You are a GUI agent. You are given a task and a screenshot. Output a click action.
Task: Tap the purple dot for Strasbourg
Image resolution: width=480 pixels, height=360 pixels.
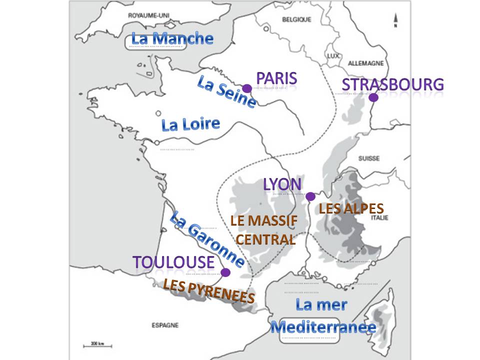coord(373,97)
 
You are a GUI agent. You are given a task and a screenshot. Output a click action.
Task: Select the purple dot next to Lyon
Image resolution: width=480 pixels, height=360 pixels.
coord(310,196)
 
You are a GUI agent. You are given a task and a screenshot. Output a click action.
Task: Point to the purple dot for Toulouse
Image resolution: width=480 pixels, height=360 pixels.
coord(225,272)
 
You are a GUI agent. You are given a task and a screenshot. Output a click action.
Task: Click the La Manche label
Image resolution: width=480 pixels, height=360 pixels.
coord(172,38)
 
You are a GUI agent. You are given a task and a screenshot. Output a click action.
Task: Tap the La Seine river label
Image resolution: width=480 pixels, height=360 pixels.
coord(227,91)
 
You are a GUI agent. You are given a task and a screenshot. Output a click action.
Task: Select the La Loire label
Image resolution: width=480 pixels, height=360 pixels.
coord(190,124)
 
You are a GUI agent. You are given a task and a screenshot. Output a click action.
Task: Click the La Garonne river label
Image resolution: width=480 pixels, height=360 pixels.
coord(207,239)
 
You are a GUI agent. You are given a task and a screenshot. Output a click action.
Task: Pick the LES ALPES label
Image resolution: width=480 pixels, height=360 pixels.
coord(351,208)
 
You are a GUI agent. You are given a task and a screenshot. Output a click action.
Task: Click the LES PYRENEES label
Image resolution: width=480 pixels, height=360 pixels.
coord(208,290)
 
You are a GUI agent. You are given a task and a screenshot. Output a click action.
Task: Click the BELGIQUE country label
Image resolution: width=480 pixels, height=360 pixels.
coord(296,19)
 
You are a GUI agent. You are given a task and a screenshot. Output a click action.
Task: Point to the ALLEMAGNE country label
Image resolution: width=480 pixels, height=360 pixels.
coord(365,63)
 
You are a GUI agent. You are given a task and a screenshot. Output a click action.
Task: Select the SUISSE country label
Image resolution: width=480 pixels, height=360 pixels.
coord(368,158)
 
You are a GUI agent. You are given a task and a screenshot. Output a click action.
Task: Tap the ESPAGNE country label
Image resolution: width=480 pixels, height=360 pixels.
coord(164,325)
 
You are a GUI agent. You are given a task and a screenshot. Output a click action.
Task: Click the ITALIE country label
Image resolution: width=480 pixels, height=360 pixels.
coord(379,217)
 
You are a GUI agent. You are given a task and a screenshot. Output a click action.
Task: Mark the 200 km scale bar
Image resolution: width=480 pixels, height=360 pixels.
coord(97,344)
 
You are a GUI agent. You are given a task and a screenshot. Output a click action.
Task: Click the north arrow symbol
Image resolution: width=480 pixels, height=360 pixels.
coord(395,20)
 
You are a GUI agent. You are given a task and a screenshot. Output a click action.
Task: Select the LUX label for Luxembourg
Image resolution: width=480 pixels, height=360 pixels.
coord(333,56)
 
